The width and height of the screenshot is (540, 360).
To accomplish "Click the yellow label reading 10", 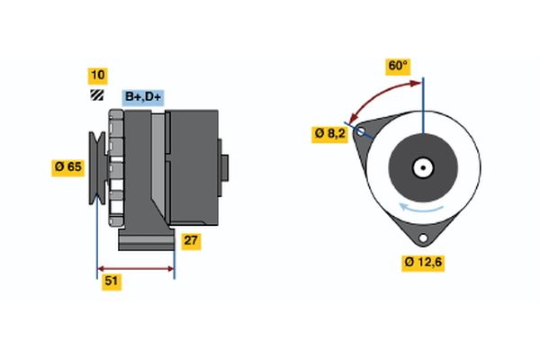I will coord(96,76).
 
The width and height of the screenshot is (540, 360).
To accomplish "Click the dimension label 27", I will coord(191,240).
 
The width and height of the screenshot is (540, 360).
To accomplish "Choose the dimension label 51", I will coord(112,281).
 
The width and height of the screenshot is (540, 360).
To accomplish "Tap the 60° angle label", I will coord(398,66).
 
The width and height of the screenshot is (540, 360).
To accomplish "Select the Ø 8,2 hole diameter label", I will coord(331,133).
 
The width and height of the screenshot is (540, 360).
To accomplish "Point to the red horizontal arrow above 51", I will coord(136,268).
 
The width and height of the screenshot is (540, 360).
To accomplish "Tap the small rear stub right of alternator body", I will coord(224,168).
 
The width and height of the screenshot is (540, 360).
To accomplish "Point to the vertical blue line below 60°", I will coord(423,108).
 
